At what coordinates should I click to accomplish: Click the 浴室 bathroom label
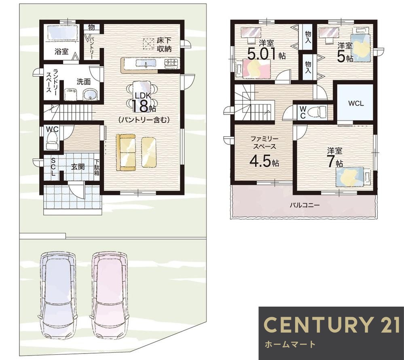click(61, 51)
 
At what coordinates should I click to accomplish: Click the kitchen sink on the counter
click(146, 63)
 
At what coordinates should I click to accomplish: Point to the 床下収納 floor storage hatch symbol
click(148, 44)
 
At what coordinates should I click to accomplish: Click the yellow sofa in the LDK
click(126, 152)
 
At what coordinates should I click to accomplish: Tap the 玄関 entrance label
click(78, 167)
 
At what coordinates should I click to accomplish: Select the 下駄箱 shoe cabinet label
click(97, 167)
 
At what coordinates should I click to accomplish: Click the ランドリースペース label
click(51, 80)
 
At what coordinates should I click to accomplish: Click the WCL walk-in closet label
click(356, 104)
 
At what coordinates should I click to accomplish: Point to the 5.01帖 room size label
click(267, 54)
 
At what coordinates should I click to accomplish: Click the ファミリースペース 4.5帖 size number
click(264, 161)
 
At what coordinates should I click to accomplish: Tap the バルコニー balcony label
click(305, 205)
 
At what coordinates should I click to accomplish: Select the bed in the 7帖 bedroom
click(353, 176)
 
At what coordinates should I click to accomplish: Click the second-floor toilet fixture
click(319, 112)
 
